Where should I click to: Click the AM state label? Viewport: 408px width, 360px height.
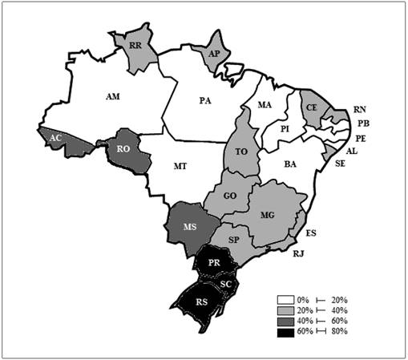pos(113,96)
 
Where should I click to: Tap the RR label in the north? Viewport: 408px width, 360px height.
pos(135,47)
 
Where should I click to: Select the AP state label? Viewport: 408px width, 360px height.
pos(214,53)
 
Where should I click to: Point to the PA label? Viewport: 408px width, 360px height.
pos(206,100)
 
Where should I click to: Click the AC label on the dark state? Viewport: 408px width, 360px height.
pos(55,137)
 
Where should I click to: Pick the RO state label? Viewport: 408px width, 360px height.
pos(124,148)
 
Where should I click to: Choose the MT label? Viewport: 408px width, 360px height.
pos(180,166)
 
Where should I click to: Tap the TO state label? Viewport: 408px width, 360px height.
pos(240,151)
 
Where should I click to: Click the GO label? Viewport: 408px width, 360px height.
pos(229,196)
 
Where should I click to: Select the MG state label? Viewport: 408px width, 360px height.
pos(268,214)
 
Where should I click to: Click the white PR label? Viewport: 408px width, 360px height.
pos(214,262)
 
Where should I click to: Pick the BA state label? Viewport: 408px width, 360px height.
pos(290,164)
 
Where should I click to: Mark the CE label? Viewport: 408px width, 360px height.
pos(312,107)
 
